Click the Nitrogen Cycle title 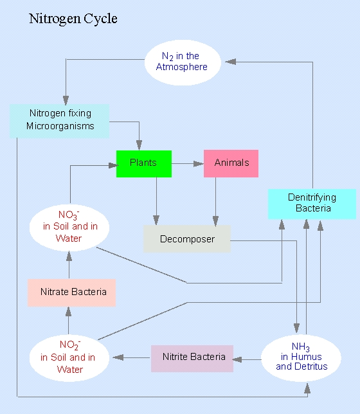73,19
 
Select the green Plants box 144,164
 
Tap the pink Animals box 231,163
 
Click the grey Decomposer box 187,239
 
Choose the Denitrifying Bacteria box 312,204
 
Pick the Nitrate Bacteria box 71,292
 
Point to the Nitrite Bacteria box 192,359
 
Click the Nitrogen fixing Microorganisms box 59,121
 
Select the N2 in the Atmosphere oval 183,62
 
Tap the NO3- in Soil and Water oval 69,228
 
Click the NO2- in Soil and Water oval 69,358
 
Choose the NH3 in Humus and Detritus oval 301,358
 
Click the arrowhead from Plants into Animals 199,164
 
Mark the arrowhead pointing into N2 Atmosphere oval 230,62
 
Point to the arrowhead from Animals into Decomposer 215,221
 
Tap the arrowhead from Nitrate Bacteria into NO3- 69,256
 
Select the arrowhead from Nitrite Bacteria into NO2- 118,357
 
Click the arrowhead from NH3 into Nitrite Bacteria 237,359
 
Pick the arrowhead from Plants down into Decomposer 156,221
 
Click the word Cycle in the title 101,19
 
